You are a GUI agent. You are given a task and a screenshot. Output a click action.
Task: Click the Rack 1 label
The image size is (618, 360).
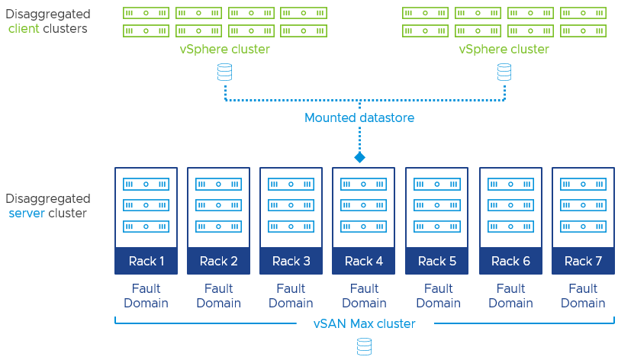pos(146,261)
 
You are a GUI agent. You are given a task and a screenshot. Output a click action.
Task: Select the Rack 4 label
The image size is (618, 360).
pos(364,261)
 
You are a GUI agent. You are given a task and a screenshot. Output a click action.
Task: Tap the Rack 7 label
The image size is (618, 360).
pos(583,261)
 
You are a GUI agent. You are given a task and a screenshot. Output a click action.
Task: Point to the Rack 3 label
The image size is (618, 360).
pos(291,261)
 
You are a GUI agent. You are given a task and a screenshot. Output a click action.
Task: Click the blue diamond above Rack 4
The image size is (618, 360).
pos(359,157)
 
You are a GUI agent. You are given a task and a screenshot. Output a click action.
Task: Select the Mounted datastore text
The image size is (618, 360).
pos(359,117)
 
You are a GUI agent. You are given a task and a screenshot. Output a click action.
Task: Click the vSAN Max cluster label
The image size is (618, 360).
pos(364,323)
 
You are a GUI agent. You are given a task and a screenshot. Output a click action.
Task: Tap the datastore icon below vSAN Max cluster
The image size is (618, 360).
pos(364,347)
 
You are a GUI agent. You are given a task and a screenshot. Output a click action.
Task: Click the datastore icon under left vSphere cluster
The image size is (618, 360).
pos(224,72)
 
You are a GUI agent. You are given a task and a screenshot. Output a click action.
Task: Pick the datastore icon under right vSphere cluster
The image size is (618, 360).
pos(504,72)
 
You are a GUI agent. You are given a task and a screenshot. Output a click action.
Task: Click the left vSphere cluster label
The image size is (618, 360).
pos(224,49)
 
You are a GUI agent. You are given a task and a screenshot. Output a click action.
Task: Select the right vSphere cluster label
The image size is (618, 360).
pos(504,49)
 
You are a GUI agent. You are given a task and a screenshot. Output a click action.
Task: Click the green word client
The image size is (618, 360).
pos(24,28)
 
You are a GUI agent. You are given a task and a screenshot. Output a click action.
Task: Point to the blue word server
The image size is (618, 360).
pos(27,213)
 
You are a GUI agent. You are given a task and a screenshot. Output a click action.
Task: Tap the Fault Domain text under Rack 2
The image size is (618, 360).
pos(218,296)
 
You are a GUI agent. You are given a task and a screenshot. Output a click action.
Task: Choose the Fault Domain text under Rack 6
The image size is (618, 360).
pos(510,296)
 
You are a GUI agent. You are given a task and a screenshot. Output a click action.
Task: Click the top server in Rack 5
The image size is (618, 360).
pos(437,184)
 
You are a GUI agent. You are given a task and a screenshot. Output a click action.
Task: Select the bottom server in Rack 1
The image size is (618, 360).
pos(146,227)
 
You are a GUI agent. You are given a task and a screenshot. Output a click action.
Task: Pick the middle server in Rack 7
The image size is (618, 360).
pos(583,205)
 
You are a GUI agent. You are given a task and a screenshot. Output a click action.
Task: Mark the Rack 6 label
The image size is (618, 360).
pos(510,261)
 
